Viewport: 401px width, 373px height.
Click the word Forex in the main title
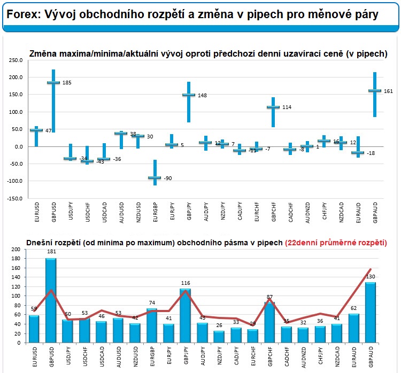coord(22,14)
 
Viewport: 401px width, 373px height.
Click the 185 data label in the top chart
coord(67,83)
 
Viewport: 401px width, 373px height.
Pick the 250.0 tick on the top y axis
coord(16,60)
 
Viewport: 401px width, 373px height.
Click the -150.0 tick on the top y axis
coord(15,199)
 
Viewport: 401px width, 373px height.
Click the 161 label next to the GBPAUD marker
coord(388,91)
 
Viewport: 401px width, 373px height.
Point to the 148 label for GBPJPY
coord(202,96)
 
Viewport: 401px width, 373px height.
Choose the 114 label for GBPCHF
coord(287,107)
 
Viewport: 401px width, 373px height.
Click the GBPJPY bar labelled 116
coord(186,315)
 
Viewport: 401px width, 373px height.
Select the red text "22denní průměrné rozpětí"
coord(337,243)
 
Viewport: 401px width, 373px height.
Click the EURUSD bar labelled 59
coord(34,329)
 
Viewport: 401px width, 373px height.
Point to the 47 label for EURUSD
coord(48,131)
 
